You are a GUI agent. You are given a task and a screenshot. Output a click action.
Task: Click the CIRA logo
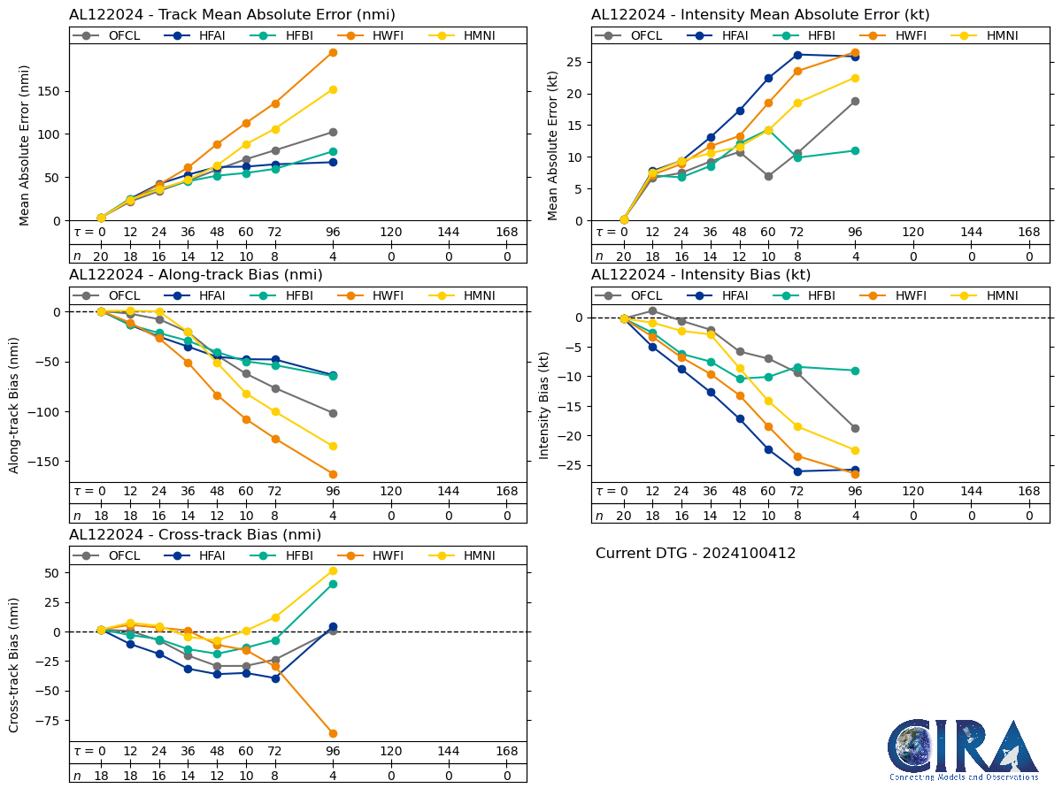point(963,750)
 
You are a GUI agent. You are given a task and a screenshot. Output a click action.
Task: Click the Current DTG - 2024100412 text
point(696,554)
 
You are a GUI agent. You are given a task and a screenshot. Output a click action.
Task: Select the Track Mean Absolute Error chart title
point(232,15)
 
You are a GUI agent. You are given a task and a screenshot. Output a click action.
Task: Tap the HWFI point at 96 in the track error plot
point(333,52)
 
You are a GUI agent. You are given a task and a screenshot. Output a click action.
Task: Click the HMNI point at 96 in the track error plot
point(333,89)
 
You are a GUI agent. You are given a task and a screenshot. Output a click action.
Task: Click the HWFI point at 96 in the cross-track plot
point(333,733)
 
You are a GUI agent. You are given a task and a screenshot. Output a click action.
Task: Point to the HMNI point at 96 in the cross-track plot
point(333,570)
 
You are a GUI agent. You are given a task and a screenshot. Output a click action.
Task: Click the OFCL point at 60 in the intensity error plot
point(768,176)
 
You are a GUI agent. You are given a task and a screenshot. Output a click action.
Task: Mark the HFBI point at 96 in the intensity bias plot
point(855,371)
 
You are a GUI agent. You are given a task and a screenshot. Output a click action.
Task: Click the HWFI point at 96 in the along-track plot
point(333,474)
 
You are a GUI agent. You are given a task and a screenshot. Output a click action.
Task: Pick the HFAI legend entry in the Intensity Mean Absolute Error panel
point(720,35)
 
